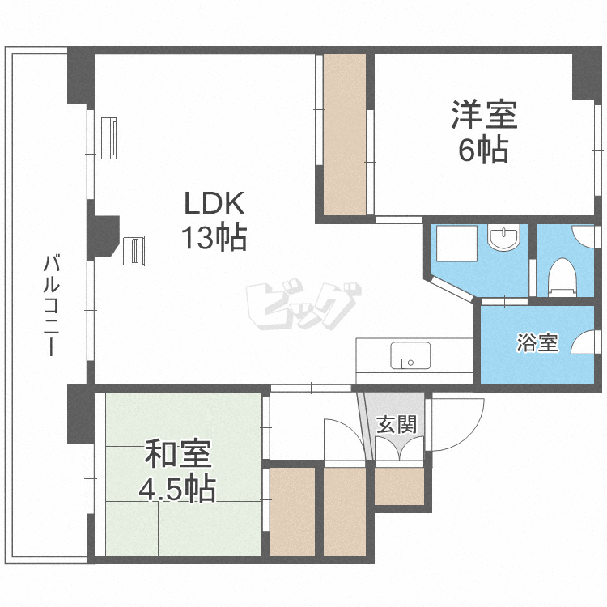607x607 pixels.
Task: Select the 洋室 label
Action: click(x=484, y=116)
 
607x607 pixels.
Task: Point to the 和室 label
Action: click(x=178, y=454)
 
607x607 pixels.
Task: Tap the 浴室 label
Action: click(x=537, y=342)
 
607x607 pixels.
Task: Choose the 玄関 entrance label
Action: click(x=397, y=423)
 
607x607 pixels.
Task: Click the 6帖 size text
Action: click(x=483, y=151)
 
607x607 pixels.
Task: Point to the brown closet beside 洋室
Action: click(x=345, y=134)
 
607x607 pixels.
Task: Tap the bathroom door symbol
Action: click(x=583, y=343)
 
